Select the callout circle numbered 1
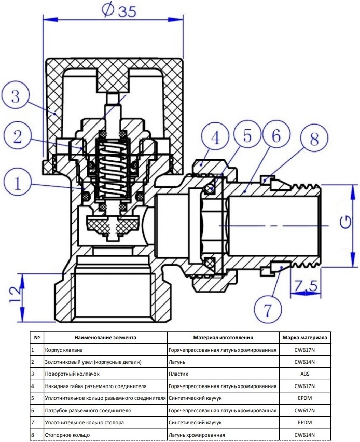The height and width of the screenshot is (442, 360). click(x=17, y=183)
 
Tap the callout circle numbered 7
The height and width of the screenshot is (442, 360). click(x=268, y=309)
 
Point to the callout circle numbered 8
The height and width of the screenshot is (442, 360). click(x=314, y=138)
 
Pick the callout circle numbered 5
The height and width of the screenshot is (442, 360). click(x=247, y=135)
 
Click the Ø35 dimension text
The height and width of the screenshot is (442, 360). click(x=119, y=10)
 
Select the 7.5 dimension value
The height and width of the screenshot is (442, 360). click(x=306, y=286)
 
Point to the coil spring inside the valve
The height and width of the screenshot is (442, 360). click(x=113, y=170)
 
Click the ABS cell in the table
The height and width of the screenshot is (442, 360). click(x=304, y=374)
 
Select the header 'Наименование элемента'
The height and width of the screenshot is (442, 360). click(x=105, y=337)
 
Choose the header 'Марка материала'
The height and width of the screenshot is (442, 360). click(x=304, y=337)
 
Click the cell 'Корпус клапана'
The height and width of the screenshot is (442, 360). click(x=64, y=350)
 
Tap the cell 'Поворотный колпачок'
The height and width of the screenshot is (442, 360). click(x=72, y=374)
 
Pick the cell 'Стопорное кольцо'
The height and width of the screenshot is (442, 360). click(x=67, y=435)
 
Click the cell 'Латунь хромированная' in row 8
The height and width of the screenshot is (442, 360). click(x=197, y=435)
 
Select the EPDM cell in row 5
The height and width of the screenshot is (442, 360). click(x=304, y=398)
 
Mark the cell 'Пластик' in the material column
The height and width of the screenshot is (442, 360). click(x=178, y=374)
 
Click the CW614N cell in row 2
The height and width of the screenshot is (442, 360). click(x=304, y=362)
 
